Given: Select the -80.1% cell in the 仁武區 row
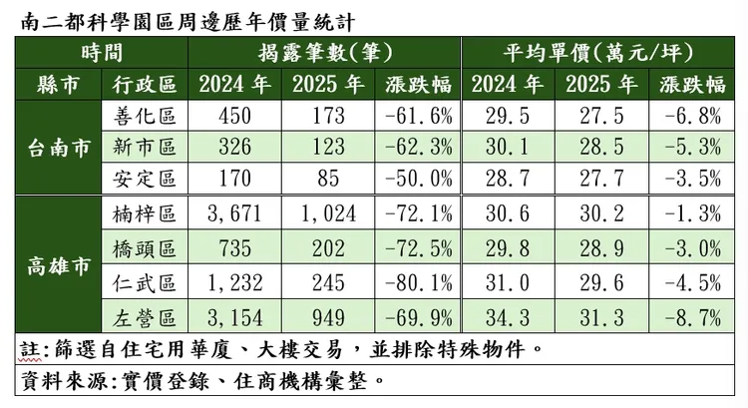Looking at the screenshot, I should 416,284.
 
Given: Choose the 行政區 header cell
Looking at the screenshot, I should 139,84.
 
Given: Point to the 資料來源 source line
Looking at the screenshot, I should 199,380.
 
